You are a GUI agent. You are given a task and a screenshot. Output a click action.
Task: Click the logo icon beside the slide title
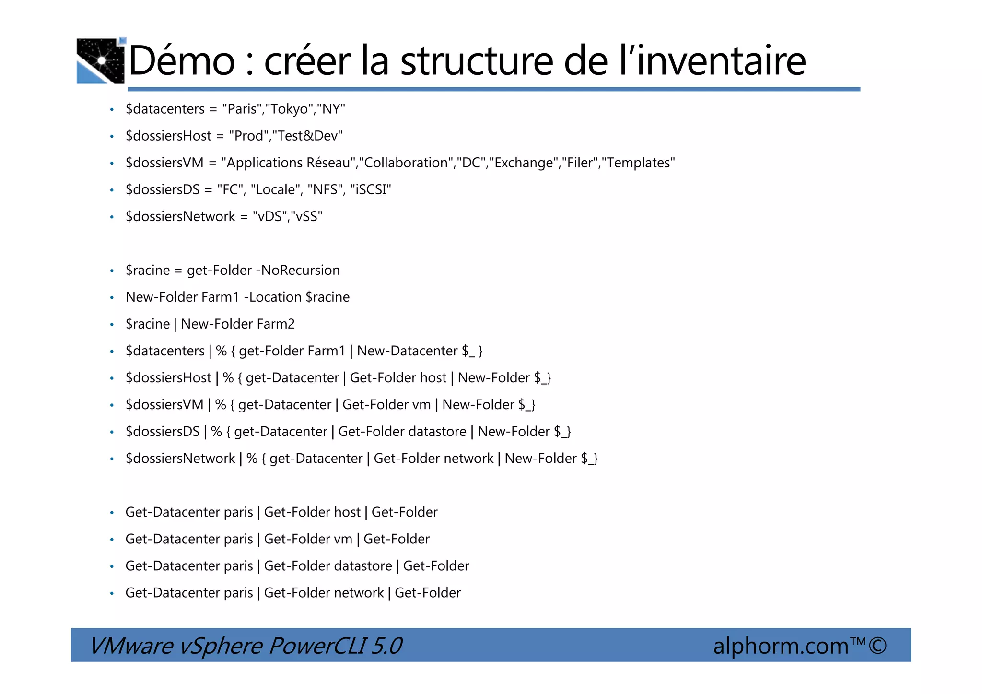pyautogui.click(x=101, y=61)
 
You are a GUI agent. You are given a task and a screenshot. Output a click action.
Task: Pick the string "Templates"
pyautogui.click(x=638, y=163)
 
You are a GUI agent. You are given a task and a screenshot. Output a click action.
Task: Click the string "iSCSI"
pyautogui.click(x=371, y=189)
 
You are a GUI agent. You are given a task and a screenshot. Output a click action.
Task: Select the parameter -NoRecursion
pyautogui.click(x=298, y=270)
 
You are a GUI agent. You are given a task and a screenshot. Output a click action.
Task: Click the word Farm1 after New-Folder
pyautogui.click(x=220, y=297)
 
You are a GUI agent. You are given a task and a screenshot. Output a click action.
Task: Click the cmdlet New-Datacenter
pyautogui.click(x=407, y=351)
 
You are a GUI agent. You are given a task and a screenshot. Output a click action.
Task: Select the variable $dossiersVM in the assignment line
pyautogui.click(x=164, y=163)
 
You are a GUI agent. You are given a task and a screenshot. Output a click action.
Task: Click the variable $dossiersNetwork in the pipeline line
pyautogui.click(x=180, y=458)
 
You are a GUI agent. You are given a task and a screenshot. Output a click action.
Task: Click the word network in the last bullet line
pyautogui.click(x=359, y=592)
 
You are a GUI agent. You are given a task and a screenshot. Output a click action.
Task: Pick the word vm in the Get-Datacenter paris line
pyautogui.click(x=343, y=539)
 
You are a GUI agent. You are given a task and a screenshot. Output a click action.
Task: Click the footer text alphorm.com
pyautogui.click(x=781, y=646)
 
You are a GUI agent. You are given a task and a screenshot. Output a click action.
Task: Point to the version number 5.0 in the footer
pyautogui.click(x=386, y=646)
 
